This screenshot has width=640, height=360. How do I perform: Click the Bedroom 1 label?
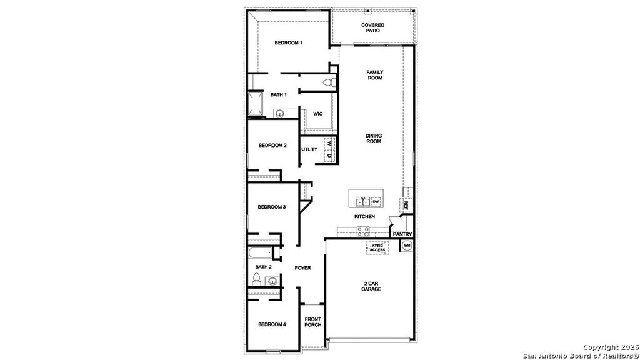289,43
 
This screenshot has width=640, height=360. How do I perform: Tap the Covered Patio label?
372,27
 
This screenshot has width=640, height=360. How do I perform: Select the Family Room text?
375,75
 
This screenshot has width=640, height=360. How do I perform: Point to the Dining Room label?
374,138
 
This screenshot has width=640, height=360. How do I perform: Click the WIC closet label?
317,114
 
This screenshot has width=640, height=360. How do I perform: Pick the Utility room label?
309,149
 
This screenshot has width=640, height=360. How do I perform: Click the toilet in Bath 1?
329,83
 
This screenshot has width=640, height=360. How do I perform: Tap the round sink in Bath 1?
281,113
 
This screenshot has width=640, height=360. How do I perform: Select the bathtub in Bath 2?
259,253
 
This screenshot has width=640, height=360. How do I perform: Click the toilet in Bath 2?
257,278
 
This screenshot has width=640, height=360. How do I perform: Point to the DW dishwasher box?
376,202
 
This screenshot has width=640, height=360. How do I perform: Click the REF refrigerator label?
406,204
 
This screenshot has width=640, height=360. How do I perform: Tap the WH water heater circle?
406,246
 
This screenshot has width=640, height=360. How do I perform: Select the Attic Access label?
377,247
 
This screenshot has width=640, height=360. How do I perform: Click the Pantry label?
402,234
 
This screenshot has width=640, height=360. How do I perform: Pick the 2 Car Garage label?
371,286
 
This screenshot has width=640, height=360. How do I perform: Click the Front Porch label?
312,322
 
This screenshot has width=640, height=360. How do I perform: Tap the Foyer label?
303,268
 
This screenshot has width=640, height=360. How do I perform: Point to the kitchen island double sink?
362,202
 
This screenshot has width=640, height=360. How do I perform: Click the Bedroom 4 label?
272,324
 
